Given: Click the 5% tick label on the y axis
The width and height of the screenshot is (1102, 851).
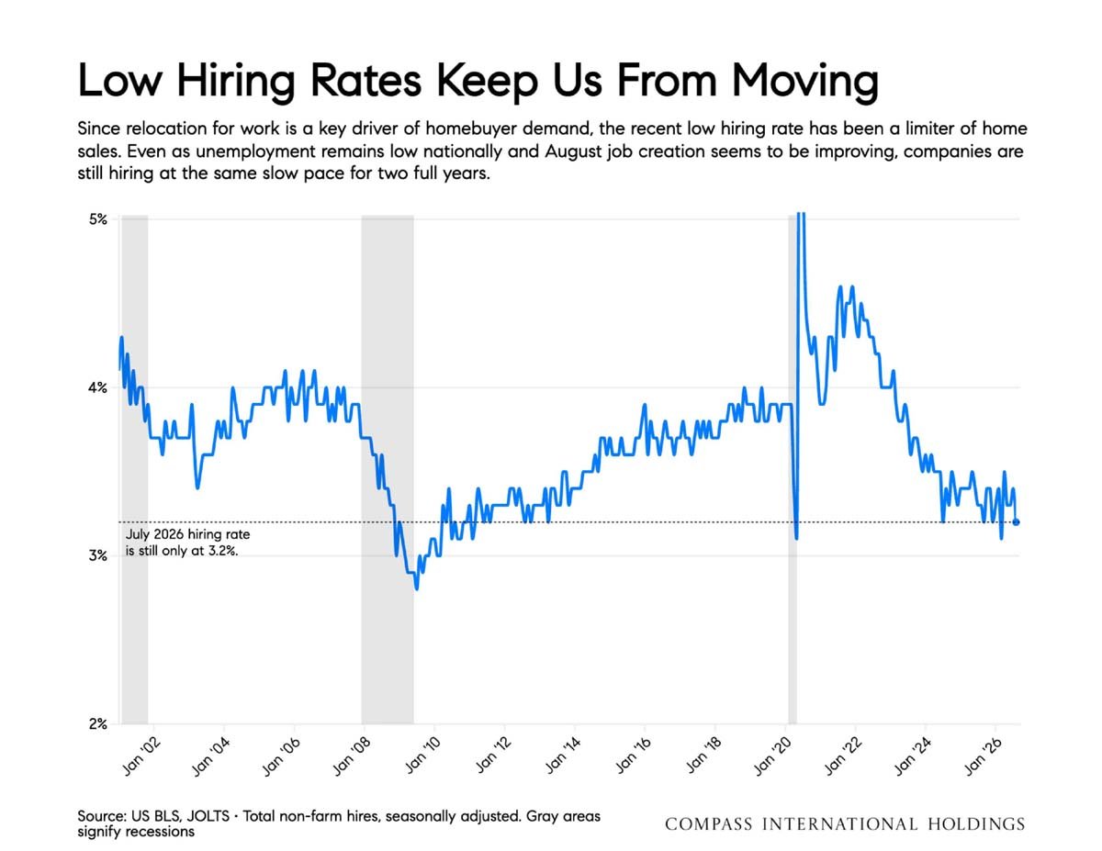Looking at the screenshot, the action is (x=98, y=219).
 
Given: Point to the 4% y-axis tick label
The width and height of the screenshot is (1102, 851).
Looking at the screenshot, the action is (x=98, y=388).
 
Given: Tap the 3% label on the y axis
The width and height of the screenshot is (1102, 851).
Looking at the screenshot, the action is (x=98, y=556).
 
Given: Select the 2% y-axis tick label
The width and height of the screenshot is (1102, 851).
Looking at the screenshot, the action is (x=98, y=724).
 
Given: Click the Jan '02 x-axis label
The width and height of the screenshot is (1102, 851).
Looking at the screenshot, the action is (x=142, y=756).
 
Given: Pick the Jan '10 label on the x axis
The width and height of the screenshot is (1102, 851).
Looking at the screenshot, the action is (x=423, y=756).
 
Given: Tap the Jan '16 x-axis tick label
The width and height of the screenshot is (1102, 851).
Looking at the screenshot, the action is (x=634, y=756).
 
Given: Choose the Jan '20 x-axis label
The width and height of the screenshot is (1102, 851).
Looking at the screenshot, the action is (x=773, y=756).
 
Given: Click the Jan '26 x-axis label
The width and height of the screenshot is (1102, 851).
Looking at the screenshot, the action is (x=984, y=756).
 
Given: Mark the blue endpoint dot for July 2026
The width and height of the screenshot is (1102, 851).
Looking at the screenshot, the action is (x=1016, y=522).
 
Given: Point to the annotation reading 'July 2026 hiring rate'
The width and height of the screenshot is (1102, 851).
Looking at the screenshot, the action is (x=187, y=534).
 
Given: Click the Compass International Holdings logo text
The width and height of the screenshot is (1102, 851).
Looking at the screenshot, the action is (x=845, y=824).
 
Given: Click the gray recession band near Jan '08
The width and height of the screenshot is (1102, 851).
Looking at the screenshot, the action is (x=388, y=470).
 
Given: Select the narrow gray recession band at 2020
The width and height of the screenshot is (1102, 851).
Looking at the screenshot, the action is (x=793, y=470).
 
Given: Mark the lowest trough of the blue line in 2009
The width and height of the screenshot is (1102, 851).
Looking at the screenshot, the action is (x=417, y=589).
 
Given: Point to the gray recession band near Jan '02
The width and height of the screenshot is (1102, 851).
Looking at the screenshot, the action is (x=135, y=470).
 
